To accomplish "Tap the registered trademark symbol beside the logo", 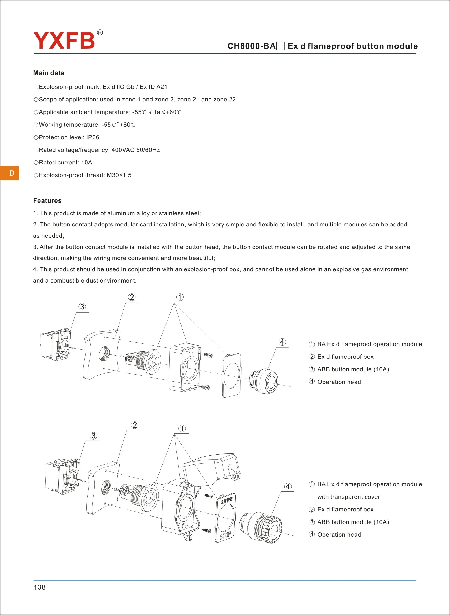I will [x=100, y=33].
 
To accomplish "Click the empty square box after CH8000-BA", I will [x=281, y=46].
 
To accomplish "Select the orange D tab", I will [x=10, y=173].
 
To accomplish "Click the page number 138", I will [x=39, y=587].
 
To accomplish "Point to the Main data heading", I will [x=49, y=73].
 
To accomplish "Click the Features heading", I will [x=47, y=200].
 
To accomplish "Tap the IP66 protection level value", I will [x=93, y=137].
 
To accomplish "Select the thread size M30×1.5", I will [x=119, y=175].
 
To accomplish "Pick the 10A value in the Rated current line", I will [x=87, y=163].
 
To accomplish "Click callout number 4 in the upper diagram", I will [x=282, y=342].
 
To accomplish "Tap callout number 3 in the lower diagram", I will [x=93, y=436].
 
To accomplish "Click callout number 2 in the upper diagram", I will [x=132, y=297].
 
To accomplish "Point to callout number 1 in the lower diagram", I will [x=182, y=429].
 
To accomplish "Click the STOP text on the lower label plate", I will [x=225, y=535].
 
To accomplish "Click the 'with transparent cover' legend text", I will [x=348, y=497].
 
